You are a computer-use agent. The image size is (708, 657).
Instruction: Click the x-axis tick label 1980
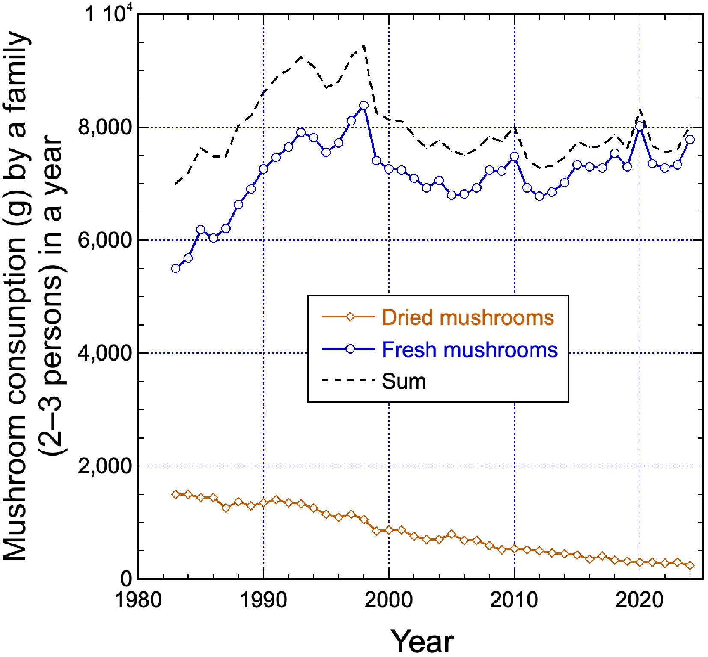click(138, 600)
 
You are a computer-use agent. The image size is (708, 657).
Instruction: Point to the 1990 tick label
click(263, 600)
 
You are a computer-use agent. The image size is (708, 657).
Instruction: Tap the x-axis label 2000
click(389, 600)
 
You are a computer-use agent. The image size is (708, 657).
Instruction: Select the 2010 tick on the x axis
click(514, 600)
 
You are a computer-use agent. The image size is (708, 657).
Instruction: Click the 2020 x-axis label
click(640, 600)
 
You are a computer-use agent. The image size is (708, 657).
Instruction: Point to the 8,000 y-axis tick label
click(105, 127)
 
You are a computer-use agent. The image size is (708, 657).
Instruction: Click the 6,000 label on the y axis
click(105, 240)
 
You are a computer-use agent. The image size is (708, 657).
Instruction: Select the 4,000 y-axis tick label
click(105, 353)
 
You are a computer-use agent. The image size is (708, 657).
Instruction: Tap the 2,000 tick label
click(105, 466)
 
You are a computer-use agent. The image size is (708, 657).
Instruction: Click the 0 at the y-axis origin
click(126, 579)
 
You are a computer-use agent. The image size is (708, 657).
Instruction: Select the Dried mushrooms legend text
click(468, 317)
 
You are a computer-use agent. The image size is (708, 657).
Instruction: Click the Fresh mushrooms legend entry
click(470, 349)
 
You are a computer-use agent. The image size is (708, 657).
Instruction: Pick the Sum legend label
click(404, 381)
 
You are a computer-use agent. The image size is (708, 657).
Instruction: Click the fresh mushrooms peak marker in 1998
click(364, 105)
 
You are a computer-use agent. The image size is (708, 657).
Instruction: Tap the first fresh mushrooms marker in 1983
click(176, 269)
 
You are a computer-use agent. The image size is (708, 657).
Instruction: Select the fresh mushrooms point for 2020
click(640, 126)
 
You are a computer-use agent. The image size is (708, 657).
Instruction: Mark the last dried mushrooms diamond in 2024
click(690, 565)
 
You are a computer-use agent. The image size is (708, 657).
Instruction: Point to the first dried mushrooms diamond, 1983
click(176, 494)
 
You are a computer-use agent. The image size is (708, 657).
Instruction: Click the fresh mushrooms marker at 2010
click(515, 157)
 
